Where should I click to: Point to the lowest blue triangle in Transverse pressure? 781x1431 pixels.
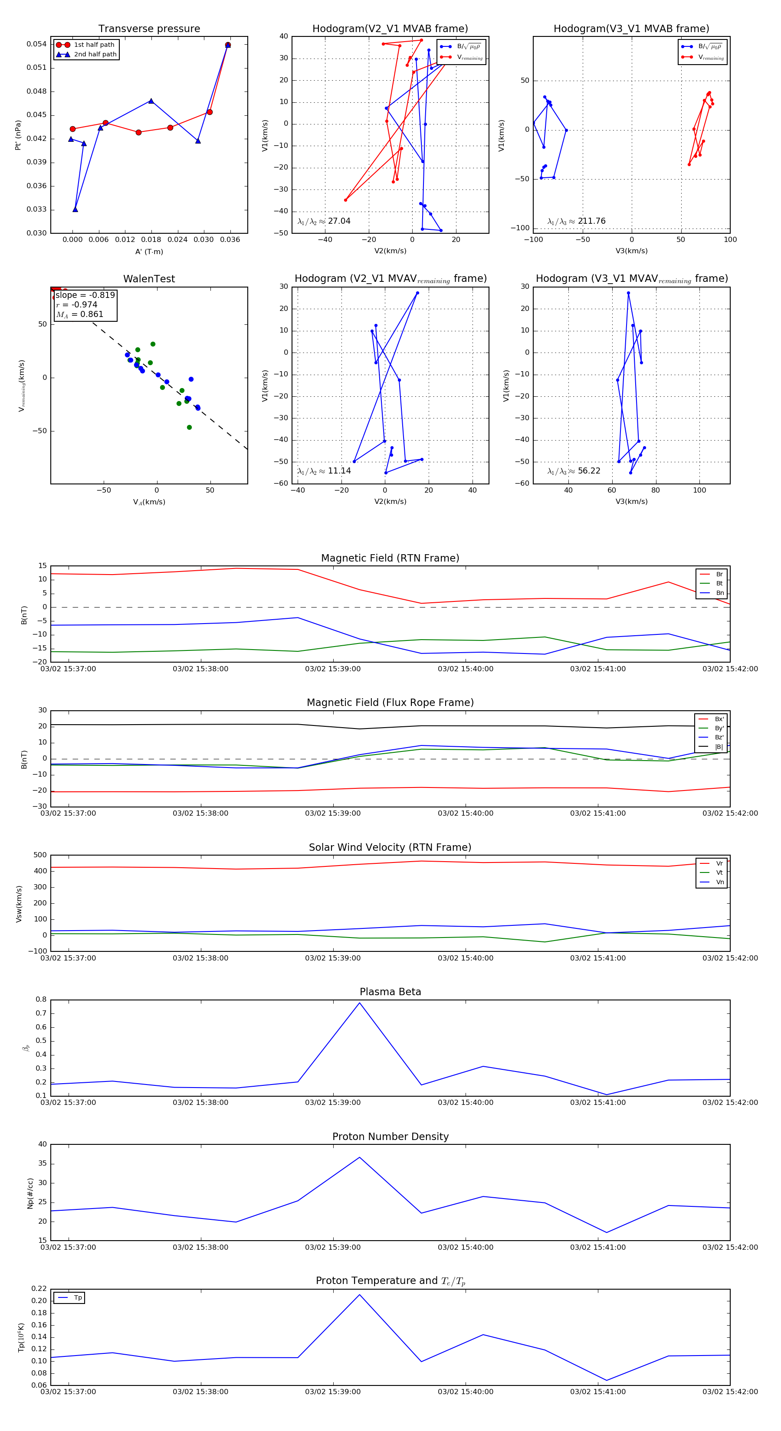point(75,209)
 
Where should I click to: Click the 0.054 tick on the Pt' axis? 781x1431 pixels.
point(37,44)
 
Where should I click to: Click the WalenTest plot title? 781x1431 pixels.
point(149,279)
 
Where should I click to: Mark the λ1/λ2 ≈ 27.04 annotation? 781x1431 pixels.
point(324,221)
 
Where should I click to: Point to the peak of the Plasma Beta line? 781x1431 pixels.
point(360,1003)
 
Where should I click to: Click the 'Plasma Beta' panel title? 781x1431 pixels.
point(390,992)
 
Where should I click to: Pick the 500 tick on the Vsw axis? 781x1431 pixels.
point(40,855)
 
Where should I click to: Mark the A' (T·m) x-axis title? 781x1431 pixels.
point(149,252)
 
